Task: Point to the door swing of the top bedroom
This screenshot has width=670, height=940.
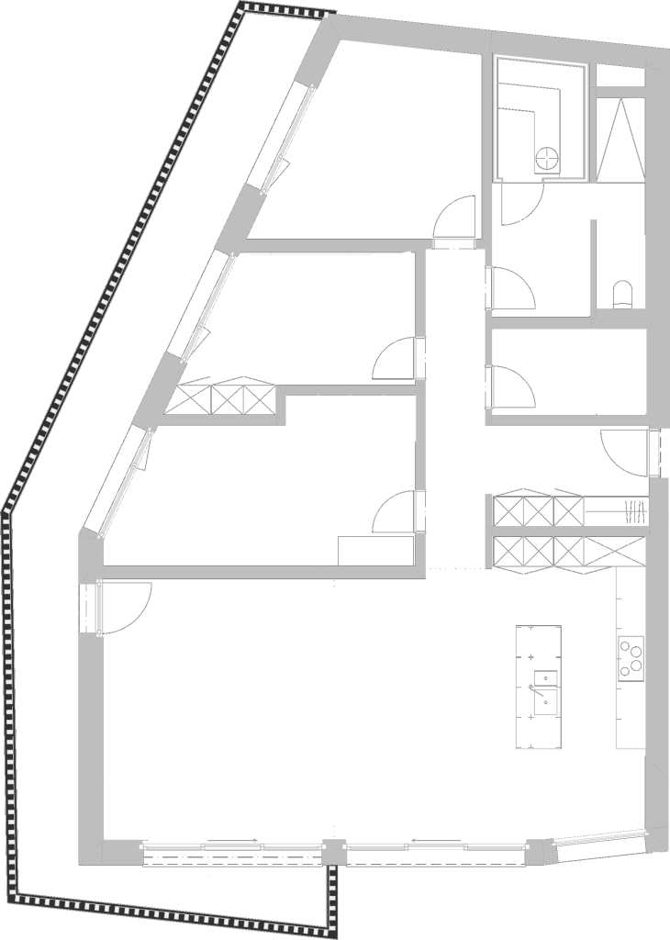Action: coord(453,220)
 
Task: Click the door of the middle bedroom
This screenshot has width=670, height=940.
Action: coord(396,358)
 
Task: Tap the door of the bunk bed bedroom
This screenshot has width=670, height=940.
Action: coord(396,510)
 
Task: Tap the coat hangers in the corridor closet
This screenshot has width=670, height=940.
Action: coord(631,509)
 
